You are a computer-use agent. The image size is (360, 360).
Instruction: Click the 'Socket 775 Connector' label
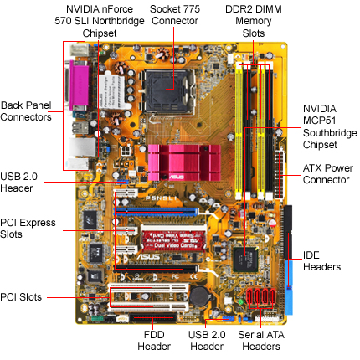175,15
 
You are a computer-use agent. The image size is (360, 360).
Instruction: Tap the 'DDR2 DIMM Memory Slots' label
254,21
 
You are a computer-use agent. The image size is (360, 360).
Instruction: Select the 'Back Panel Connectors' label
26,111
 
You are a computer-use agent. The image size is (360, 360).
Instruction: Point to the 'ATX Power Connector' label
327,174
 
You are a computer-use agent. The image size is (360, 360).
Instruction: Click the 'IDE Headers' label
321,261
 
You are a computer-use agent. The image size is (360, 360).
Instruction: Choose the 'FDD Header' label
154,341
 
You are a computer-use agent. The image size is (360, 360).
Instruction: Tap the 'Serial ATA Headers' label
261,341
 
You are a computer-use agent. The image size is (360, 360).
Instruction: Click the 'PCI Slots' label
21,297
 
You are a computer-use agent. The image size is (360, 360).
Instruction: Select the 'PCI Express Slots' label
28,229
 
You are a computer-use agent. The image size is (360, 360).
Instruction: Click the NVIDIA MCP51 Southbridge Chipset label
330,126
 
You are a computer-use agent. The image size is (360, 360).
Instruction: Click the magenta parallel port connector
80,85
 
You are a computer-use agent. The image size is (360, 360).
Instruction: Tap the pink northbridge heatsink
184,162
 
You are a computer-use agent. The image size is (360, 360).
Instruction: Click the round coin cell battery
199,296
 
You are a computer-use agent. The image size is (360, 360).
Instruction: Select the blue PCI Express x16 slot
156,212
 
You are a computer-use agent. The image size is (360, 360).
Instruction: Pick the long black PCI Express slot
156,269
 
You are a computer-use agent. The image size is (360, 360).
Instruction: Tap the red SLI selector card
173,240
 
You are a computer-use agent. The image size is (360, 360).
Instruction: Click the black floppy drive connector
152,317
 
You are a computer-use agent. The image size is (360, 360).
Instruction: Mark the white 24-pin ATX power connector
279,174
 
